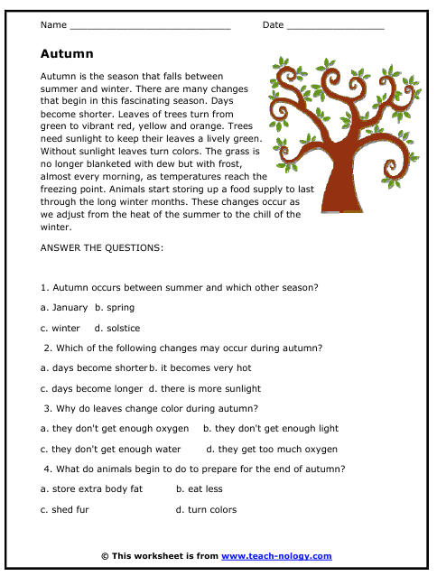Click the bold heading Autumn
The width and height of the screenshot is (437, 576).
point(68,54)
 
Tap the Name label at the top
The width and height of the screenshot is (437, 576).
point(54,24)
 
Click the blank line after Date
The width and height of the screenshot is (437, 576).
point(336,27)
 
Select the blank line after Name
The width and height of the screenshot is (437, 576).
point(150,27)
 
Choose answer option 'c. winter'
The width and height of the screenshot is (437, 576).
point(60,328)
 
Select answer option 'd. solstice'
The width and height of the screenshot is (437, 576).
point(117,328)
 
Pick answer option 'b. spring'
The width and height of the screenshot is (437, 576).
point(116,308)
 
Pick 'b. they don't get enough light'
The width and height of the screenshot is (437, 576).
point(271,429)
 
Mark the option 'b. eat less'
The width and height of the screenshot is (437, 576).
point(199,489)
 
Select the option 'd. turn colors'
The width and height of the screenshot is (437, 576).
point(206,509)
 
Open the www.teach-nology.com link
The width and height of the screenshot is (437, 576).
point(276,556)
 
